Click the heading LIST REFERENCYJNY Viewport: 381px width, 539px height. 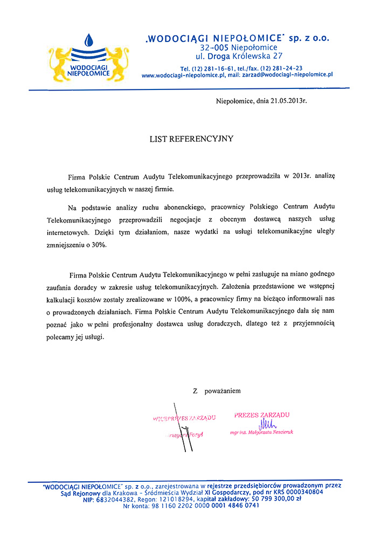pyautogui.click(x=191, y=139)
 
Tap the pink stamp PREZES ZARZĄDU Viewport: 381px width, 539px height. pyautogui.click(x=262, y=414)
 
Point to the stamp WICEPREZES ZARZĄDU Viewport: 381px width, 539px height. pyautogui.click(x=184, y=418)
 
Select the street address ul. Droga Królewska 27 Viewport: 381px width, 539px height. pyautogui.click(x=239, y=56)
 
